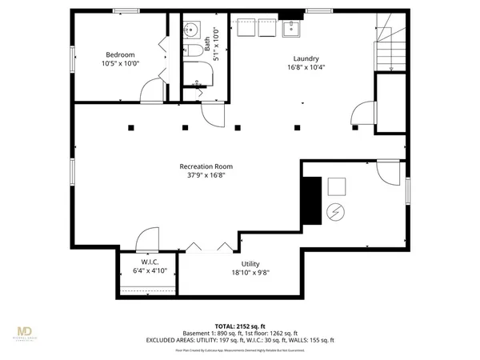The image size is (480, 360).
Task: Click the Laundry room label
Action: click(306, 58)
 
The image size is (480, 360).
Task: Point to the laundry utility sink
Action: click(293, 29)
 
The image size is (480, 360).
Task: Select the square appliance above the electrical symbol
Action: click(335, 186)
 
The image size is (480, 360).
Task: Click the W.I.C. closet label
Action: click(149, 262)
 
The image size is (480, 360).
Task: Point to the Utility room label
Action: click(250, 263)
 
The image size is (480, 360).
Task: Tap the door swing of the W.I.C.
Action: click(148, 238)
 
